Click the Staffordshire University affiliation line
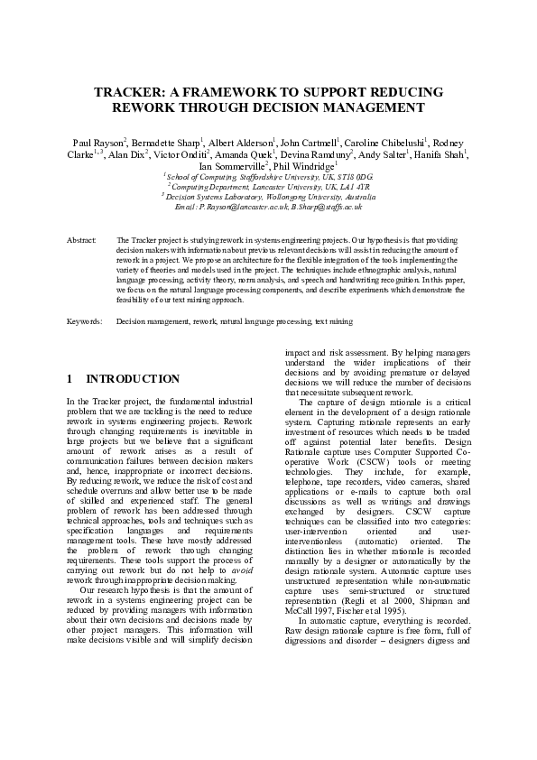[268, 177]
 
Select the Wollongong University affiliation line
[268, 196]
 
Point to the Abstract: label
[81, 241]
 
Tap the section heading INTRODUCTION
[133, 379]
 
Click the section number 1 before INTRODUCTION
[70, 379]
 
